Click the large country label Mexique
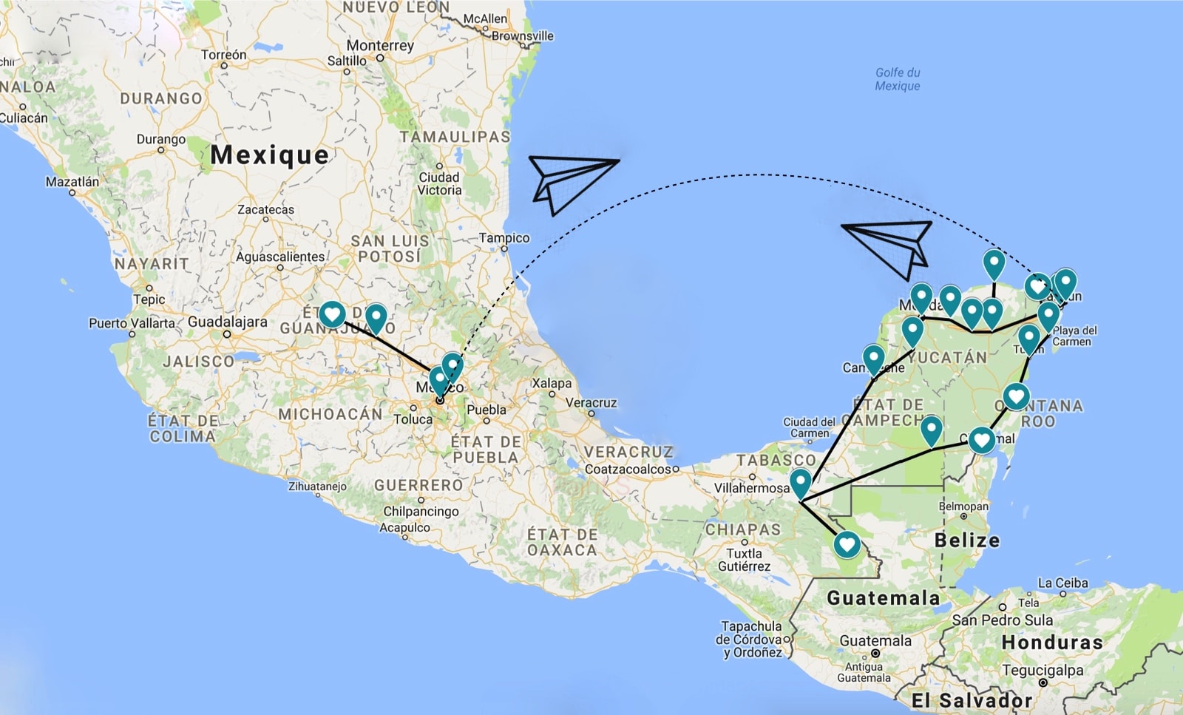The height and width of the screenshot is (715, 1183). (x=269, y=155)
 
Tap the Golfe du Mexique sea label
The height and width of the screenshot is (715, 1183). (x=898, y=79)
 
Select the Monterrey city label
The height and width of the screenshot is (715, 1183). (x=380, y=46)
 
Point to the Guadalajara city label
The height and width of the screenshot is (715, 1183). (x=227, y=322)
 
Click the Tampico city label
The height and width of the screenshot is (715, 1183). (x=504, y=238)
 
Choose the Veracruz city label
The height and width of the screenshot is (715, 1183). (x=591, y=403)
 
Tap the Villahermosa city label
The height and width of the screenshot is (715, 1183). (x=751, y=488)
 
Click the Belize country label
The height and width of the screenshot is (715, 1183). (x=966, y=540)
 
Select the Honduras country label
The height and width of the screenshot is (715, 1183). (x=1051, y=643)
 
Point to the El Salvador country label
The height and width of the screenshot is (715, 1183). (x=971, y=700)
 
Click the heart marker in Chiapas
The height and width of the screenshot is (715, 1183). (x=847, y=545)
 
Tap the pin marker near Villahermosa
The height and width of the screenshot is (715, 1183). (x=800, y=483)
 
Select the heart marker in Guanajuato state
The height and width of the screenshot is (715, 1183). (x=333, y=314)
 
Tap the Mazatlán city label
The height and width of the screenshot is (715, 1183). (x=72, y=182)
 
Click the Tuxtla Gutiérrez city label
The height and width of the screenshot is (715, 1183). (x=744, y=560)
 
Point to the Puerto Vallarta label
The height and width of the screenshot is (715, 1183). (x=132, y=323)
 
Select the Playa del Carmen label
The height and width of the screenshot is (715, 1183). (x=1074, y=336)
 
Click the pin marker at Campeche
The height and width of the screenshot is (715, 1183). (x=874, y=359)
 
